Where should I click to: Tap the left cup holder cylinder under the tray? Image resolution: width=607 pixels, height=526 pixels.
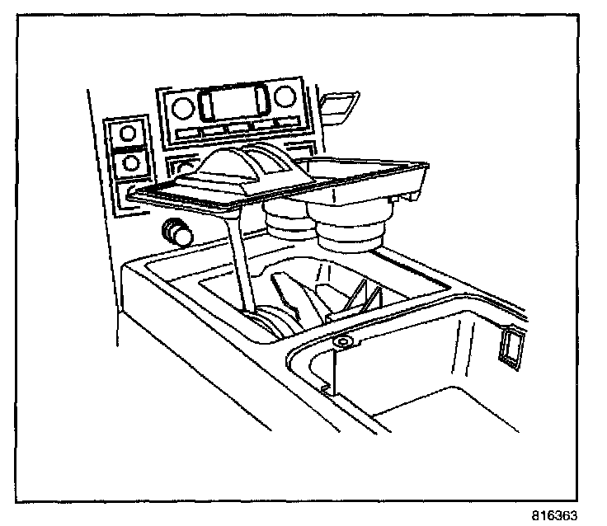click(285, 221)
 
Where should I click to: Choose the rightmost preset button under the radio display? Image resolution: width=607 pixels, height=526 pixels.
click(287, 124)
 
